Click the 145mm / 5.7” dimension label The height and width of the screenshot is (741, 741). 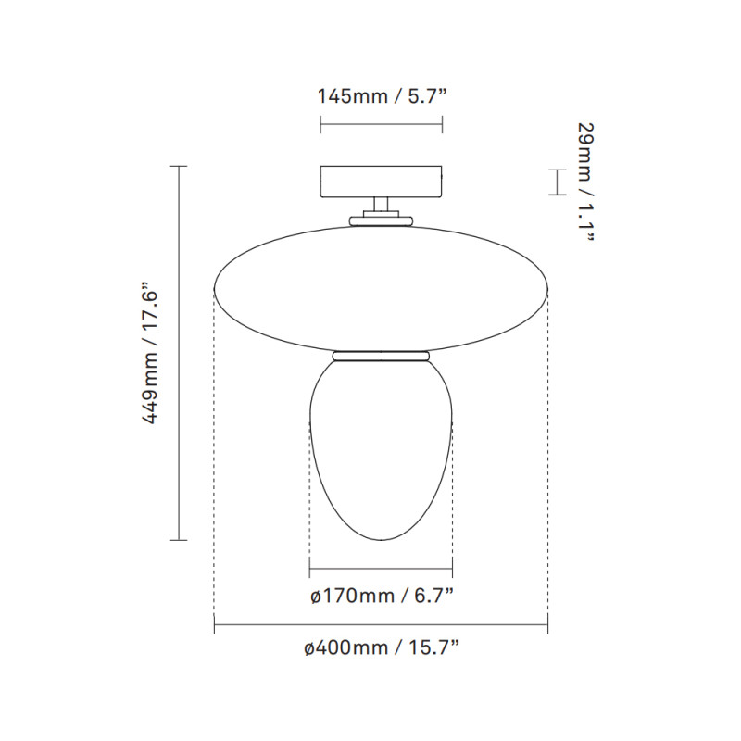[x=381, y=95]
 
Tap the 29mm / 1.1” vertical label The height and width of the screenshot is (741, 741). [x=584, y=182]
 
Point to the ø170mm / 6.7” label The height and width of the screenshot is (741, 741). [x=382, y=595]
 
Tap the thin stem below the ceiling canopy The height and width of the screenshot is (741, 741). [x=381, y=206]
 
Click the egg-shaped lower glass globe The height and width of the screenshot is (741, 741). [x=381, y=445]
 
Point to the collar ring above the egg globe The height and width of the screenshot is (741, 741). [x=381, y=355]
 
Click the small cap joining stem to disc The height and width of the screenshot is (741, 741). [x=381, y=220]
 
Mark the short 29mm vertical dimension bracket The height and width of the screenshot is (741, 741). [x=555, y=182]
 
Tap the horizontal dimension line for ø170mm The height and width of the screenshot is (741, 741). [x=381, y=568]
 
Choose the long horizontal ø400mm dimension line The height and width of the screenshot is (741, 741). [x=381, y=627]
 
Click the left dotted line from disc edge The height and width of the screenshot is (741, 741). [x=214, y=463]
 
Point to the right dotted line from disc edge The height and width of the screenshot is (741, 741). [x=547, y=463]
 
